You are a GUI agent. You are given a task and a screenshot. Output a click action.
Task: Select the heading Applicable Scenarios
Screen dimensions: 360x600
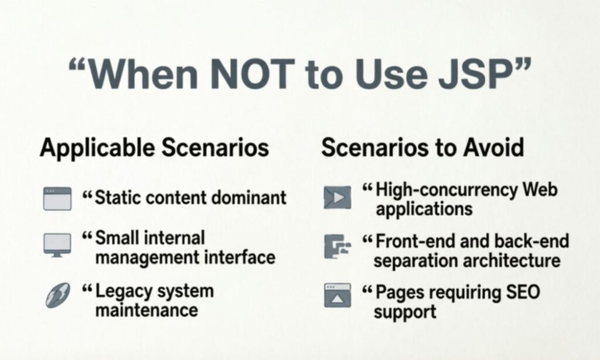pos(155,148)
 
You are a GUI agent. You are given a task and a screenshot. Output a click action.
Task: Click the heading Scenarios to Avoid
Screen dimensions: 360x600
pos(422,148)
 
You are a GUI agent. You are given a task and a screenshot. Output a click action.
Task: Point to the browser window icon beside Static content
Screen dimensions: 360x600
pos(57,199)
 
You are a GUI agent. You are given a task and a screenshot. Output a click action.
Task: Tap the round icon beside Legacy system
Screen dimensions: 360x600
pos(57,295)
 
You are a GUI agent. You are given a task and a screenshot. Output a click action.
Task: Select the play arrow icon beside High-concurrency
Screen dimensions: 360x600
pos(337,198)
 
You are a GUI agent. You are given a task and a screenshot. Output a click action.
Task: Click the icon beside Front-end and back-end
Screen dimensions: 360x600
pos(337,246)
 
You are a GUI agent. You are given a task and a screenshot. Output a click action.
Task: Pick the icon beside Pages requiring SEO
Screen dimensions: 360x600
pos(337,296)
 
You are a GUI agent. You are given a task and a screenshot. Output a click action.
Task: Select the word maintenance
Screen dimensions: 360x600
pos(146,309)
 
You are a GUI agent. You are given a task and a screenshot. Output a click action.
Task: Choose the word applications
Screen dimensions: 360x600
pos(424,209)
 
